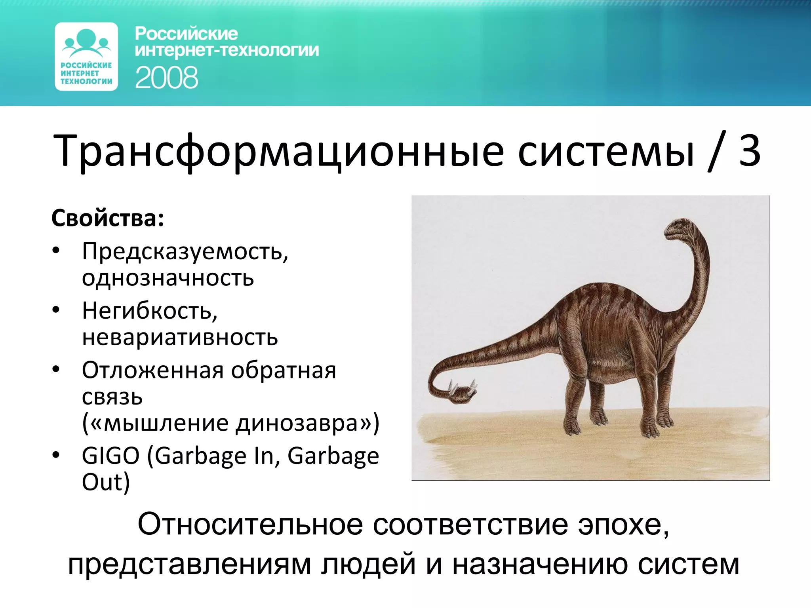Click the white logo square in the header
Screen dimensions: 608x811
(86, 57)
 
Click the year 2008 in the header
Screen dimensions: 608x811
(166, 78)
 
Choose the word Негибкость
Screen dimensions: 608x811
(150, 311)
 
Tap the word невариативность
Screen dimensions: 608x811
(180, 337)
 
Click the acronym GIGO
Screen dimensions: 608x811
(110, 456)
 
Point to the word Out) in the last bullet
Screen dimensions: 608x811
(106, 482)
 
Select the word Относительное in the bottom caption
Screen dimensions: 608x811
(250, 524)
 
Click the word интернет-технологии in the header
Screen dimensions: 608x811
(227, 51)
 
